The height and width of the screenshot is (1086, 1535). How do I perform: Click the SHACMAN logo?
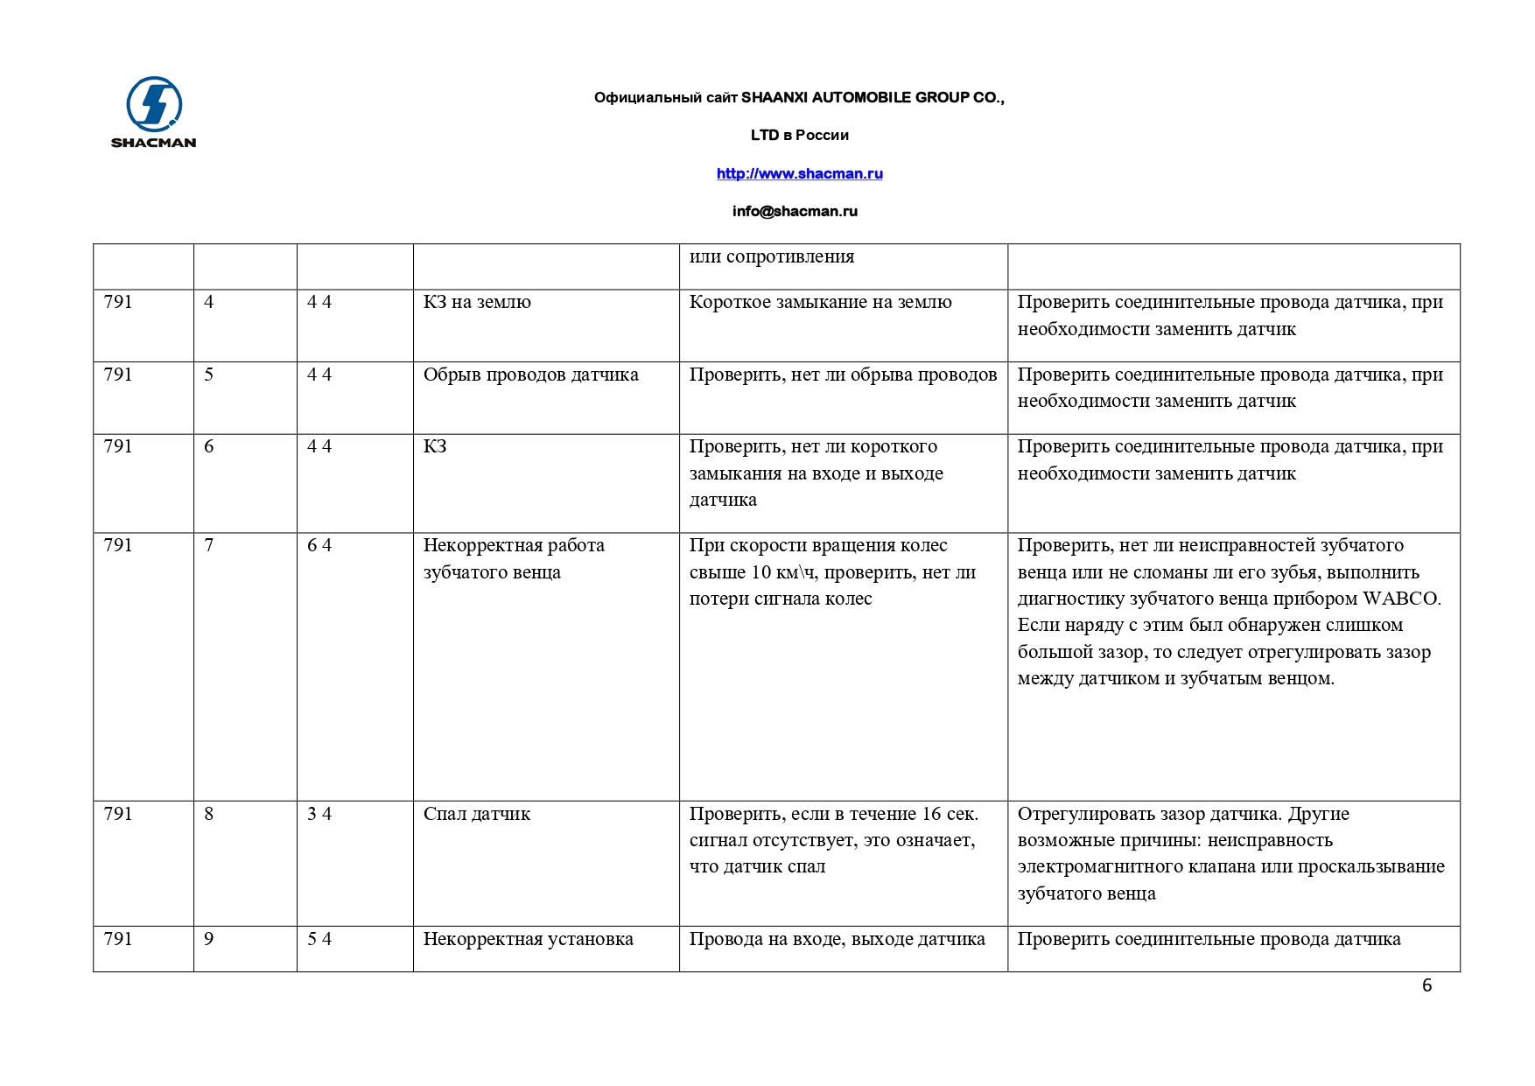(x=154, y=112)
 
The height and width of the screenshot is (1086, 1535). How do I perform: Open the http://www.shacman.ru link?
(x=799, y=173)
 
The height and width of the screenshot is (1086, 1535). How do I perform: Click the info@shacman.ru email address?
(x=795, y=211)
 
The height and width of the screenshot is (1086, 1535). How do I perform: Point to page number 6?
(x=1426, y=985)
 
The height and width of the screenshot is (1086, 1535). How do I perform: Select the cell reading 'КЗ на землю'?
(x=477, y=303)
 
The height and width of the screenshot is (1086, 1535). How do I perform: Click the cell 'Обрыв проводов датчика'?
(x=530, y=375)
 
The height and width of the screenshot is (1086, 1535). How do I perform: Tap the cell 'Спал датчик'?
(x=476, y=814)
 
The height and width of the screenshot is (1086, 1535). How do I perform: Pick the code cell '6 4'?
(x=319, y=545)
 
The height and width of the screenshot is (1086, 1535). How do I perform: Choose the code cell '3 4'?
(x=319, y=814)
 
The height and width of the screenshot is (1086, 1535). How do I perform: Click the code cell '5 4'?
(x=319, y=939)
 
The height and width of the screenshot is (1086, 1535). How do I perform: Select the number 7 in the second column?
(x=209, y=545)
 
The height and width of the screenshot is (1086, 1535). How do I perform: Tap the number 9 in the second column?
(x=209, y=939)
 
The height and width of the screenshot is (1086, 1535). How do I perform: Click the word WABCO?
(x=1399, y=599)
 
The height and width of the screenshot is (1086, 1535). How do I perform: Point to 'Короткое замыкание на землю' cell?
(x=820, y=303)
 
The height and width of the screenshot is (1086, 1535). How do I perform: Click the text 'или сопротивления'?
(x=771, y=257)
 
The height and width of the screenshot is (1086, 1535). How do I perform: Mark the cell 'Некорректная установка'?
(x=528, y=939)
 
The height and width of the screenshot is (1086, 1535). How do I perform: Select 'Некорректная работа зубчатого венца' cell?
(x=514, y=558)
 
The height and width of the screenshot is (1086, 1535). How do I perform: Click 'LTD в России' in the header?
(x=799, y=135)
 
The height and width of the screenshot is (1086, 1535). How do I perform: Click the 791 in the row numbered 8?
(x=118, y=814)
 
